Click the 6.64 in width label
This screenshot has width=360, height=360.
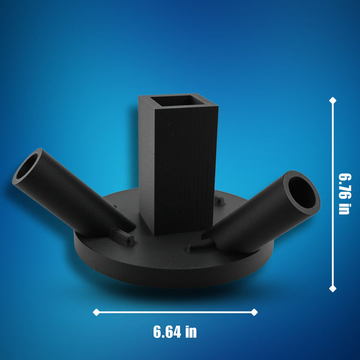tap(175, 331)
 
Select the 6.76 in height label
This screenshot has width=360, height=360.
tap(344, 193)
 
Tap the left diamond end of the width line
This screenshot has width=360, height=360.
tap(95, 312)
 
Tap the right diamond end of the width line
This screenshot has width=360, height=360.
tap(254, 312)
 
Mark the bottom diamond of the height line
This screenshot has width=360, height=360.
tap(333, 289)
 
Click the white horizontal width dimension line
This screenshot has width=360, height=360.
tap(175, 312)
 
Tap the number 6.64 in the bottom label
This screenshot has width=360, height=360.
tap(165, 331)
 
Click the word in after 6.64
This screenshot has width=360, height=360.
tap(191, 331)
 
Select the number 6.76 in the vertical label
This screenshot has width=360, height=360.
tap(344, 185)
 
